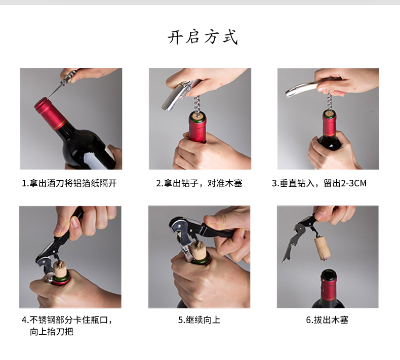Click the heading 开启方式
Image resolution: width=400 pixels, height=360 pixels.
[x=203, y=37]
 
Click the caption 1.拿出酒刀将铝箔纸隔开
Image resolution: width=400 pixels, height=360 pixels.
[x=69, y=183]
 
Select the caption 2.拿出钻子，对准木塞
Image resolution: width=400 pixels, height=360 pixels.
[x=199, y=183]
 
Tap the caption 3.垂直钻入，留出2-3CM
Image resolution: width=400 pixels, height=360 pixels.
[x=319, y=183]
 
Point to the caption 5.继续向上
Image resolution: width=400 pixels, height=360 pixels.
[x=199, y=319]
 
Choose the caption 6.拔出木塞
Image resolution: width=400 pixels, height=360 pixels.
[x=328, y=319]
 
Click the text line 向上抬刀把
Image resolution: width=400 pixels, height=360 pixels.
[x=52, y=332]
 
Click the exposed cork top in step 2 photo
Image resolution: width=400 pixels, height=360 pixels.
[x=198, y=117]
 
